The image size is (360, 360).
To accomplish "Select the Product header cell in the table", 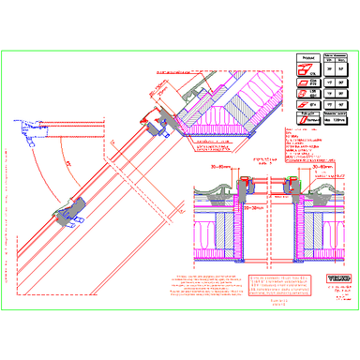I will point(307,57).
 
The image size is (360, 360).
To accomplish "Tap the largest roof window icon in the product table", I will point(307,69).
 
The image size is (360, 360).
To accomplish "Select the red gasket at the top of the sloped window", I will point(151,116).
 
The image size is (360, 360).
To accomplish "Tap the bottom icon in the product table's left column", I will point(306,121).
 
